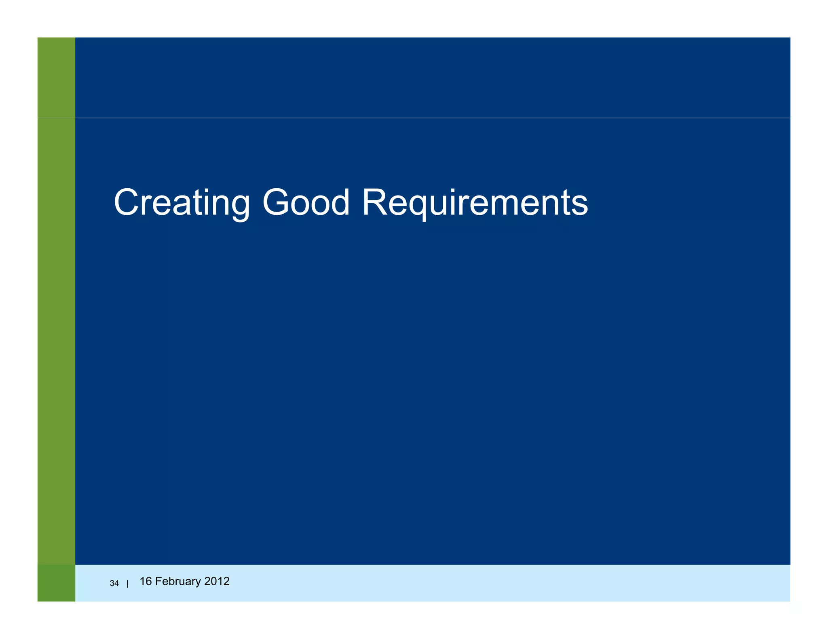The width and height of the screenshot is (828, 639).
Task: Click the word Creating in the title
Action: [x=182, y=202]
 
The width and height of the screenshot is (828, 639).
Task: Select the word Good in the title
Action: [x=306, y=202]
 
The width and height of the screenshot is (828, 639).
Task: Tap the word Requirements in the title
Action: [x=475, y=202]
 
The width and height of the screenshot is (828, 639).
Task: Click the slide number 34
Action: [x=114, y=583]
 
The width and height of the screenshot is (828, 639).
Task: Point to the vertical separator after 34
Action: [x=127, y=584]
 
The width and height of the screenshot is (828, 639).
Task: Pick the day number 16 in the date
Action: [x=145, y=581]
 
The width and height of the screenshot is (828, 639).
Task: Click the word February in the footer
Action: [x=178, y=581]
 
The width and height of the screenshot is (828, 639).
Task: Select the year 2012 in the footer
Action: [x=217, y=581]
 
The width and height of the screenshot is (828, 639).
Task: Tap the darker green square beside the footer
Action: [x=56, y=583]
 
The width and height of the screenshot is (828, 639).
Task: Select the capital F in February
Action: [x=158, y=581]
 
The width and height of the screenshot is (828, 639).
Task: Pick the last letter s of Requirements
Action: [x=581, y=206]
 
